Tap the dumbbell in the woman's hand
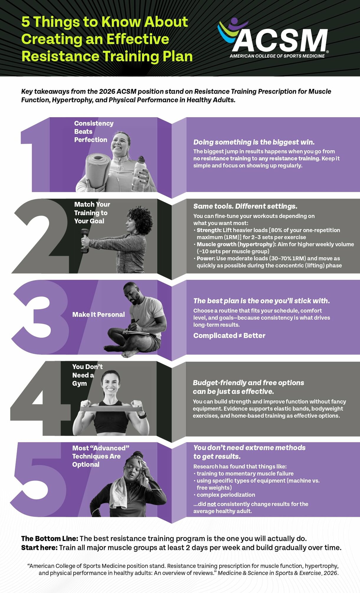85,240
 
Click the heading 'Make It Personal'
99,315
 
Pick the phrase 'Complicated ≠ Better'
229,336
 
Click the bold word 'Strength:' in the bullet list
209,230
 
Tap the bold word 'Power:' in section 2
206,259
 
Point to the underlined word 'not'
212,504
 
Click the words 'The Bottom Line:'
50,539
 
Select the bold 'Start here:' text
39,548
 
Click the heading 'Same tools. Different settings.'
245,206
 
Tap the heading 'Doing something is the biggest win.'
254,142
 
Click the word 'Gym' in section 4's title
80,384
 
